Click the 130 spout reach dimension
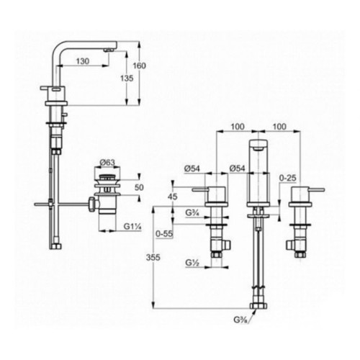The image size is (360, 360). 83,61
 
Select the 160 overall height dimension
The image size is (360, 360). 140,66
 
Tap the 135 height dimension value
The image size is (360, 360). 127,78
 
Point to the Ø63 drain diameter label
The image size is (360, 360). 107,163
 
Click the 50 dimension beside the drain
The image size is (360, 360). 139,187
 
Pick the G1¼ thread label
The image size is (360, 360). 132,226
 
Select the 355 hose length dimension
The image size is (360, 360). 153,258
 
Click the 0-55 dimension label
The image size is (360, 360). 164,233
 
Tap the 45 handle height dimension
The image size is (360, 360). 173,197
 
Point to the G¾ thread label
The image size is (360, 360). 192,212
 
